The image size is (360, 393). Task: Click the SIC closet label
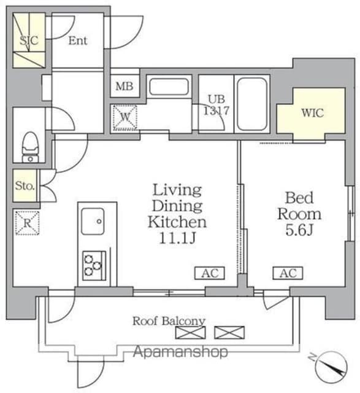click(x=29, y=41)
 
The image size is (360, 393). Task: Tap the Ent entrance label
click(x=78, y=41)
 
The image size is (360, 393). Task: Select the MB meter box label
click(x=124, y=86)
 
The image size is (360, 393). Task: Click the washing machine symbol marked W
click(x=125, y=117)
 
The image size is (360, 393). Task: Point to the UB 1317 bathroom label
click(x=216, y=105)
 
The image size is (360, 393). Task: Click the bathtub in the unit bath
click(x=252, y=104)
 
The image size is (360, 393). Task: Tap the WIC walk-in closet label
click(x=312, y=113)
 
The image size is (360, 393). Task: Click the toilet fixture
click(x=30, y=147)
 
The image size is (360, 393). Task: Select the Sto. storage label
click(x=25, y=185)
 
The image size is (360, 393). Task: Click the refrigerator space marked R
click(x=27, y=223)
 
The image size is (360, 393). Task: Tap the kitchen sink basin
click(x=93, y=221)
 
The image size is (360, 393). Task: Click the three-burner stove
click(x=94, y=266)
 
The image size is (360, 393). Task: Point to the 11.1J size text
click(x=177, y=238)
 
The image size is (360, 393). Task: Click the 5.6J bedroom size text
click(x=299, y=230)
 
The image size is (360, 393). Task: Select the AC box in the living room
click(x=210, y=273)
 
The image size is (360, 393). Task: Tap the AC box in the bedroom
click(x=288, y=273)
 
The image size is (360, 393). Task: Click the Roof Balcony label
click(x=169, y=321)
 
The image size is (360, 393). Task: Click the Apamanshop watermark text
click(x=180, y=352)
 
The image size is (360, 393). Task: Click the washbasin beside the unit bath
click(x=169, y=87)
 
